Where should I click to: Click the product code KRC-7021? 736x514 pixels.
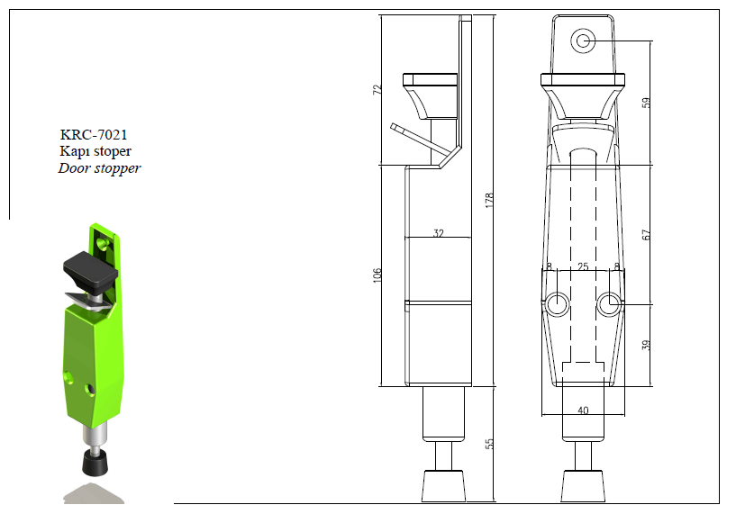[x=94, y=135]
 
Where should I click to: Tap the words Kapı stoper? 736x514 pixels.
[x=95, y=151]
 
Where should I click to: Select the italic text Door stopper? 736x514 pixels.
[x=99, y=168]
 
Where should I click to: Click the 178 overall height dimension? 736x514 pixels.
[x=489, y=200]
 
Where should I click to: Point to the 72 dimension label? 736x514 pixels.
[x=377, y=90]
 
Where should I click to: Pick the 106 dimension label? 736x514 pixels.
[x=377, y=275]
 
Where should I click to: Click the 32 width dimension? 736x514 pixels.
[x=439, y=232]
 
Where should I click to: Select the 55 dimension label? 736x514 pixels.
[x=489, y=444]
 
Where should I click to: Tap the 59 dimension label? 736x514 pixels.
[x=646, y=103]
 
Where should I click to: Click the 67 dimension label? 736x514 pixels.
[x=646, y=235]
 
